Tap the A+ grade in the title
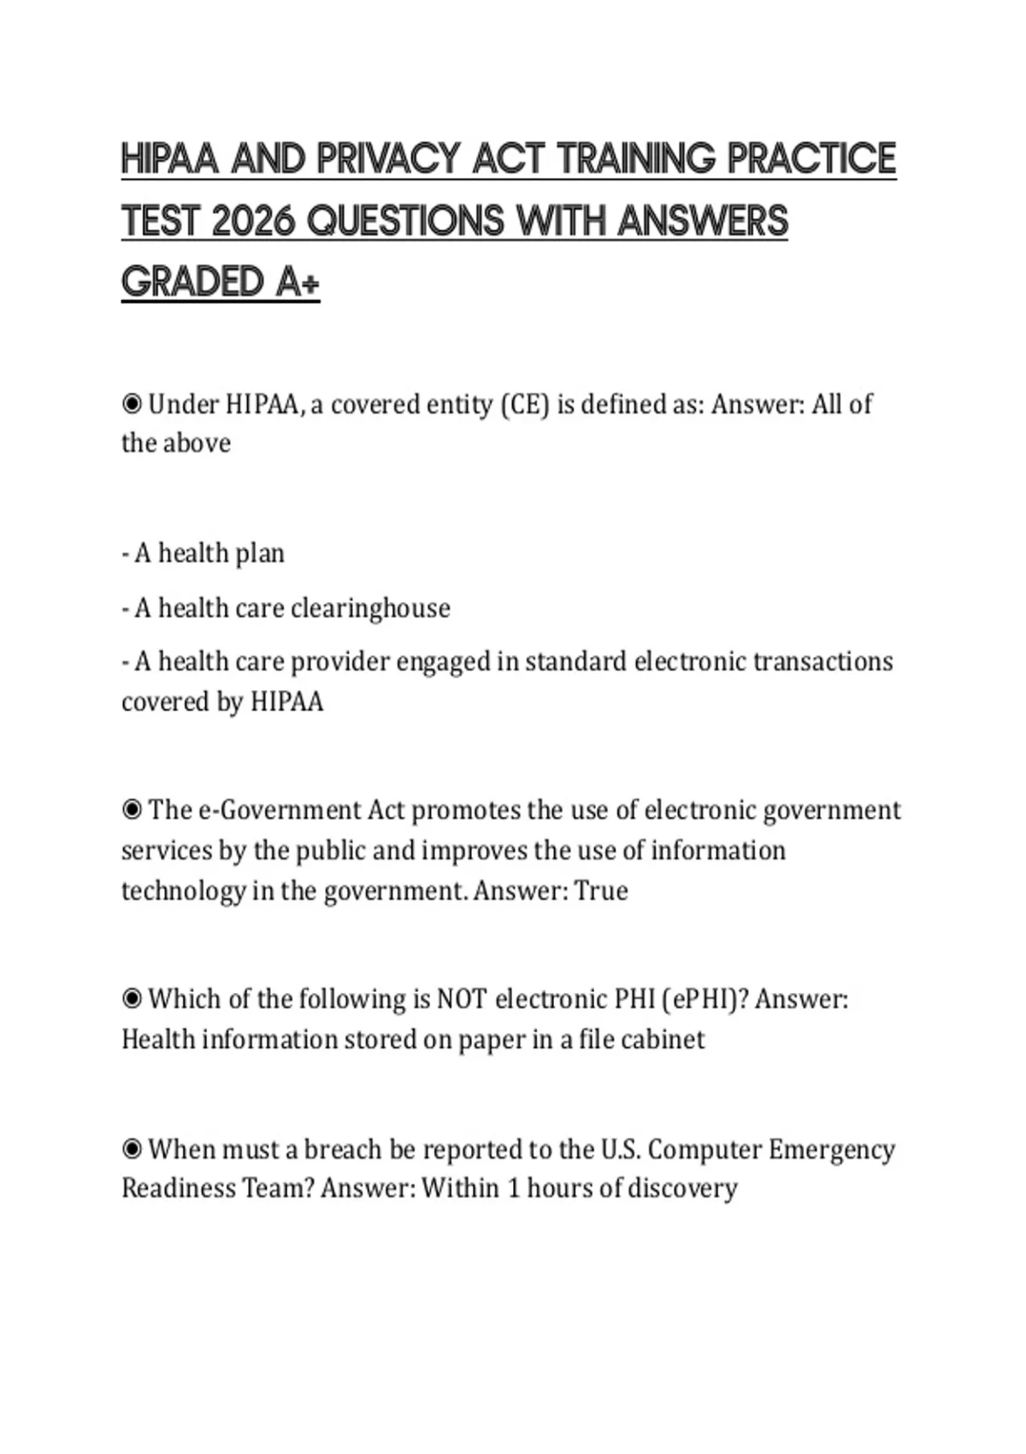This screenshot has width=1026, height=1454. (298, 282)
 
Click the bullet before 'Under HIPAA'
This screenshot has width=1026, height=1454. (132, 404)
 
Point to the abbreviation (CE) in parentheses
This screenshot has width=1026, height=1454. (524, 404)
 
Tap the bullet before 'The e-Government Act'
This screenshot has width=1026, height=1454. (132, 809)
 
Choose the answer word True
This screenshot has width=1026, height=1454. (601, 890)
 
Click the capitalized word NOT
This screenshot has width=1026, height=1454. (462, 998)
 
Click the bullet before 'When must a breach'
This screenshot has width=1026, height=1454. (132, 1149)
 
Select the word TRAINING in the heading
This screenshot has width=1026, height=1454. (636, 159)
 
